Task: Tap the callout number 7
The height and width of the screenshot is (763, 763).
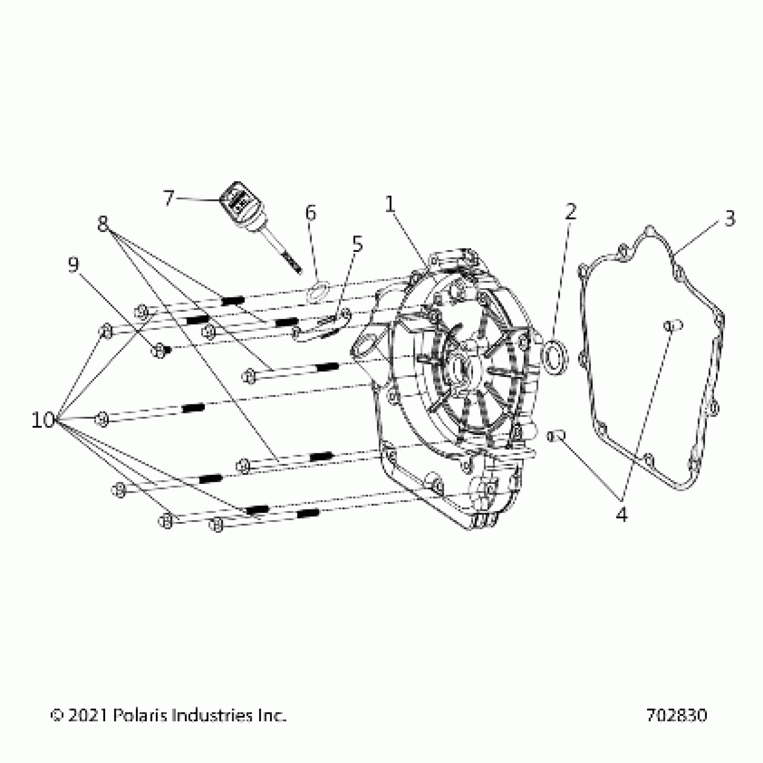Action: coord(168,198)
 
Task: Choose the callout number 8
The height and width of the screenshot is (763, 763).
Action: coord(103,223)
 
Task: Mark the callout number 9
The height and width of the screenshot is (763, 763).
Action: coord(73,265)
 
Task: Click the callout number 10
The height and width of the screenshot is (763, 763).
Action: coord(43,421)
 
